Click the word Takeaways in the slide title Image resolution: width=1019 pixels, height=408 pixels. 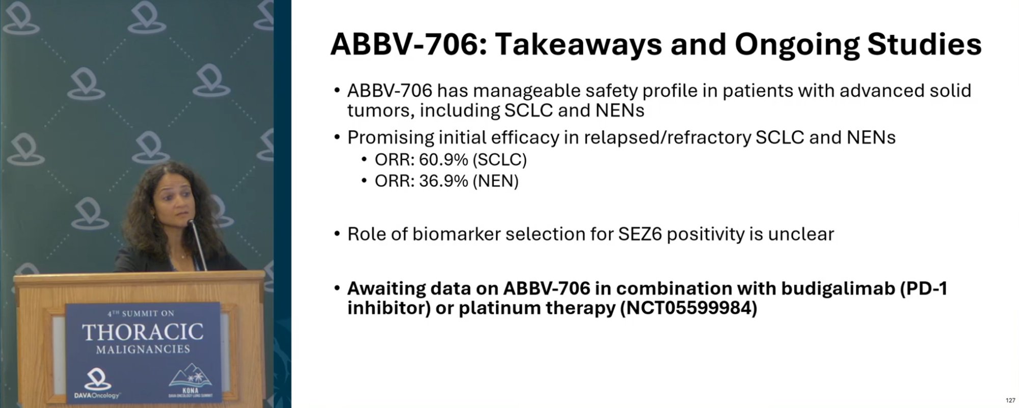pos(578,44)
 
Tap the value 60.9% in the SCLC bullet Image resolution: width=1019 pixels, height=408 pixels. pos(443,160)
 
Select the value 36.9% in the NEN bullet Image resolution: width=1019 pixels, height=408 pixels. pos(443,181)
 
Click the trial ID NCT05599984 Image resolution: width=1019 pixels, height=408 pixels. pos(688,308)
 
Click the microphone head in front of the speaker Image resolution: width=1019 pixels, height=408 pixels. pos(191,224)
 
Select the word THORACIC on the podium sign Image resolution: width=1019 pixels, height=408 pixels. pos(143,333)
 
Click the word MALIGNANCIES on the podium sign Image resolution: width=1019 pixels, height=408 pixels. pos(143,349)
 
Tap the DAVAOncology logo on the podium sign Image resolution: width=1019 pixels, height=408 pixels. pos(97,385)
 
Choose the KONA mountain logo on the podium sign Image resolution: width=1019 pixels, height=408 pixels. pos(191,381)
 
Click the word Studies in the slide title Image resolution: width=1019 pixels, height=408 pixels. pos(924,44)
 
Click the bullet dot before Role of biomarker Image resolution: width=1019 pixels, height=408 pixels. pos(337,234)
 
